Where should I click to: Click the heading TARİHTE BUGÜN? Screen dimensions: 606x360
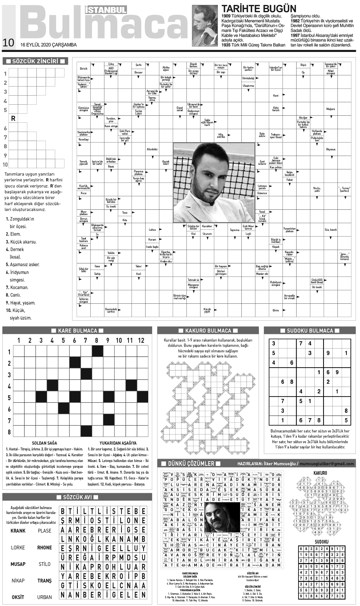259,8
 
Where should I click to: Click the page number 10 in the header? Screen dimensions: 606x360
8,43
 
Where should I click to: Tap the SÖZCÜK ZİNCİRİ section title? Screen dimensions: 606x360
35,61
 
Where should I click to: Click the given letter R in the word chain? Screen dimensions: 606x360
13,118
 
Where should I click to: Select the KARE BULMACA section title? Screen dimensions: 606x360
77,331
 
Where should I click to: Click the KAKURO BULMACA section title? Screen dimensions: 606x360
208,331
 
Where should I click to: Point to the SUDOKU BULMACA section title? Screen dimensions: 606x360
310,331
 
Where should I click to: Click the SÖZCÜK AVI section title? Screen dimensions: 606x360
77,497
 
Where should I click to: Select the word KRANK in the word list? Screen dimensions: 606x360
18,531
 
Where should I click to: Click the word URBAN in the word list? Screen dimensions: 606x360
44,597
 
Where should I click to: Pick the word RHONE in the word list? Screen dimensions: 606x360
44,547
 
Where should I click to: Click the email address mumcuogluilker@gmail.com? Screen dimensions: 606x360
327,464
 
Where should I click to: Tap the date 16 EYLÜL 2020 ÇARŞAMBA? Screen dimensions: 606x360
48,45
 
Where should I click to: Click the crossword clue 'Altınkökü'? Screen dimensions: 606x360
152,149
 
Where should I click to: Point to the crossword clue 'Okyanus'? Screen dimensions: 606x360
330,149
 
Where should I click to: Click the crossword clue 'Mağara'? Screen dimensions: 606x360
330,109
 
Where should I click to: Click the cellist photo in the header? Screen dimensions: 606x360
205,26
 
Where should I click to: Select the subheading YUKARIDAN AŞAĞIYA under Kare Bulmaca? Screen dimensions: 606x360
118,443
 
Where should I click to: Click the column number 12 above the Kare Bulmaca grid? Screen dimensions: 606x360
141,340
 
